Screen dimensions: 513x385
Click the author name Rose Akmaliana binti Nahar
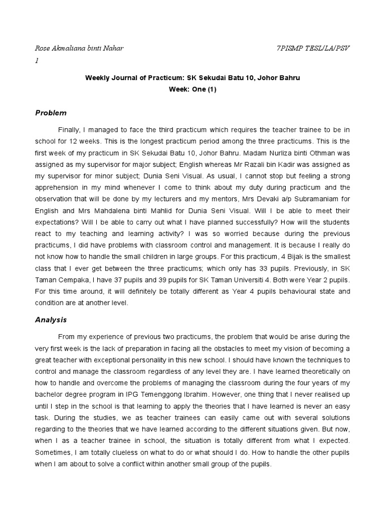[79, 48]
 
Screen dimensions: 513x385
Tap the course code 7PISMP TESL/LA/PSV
[313, 48]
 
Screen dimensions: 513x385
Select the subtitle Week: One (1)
[193, 89]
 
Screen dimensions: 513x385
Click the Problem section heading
[51, 113]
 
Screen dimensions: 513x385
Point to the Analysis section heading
[51, 319]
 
